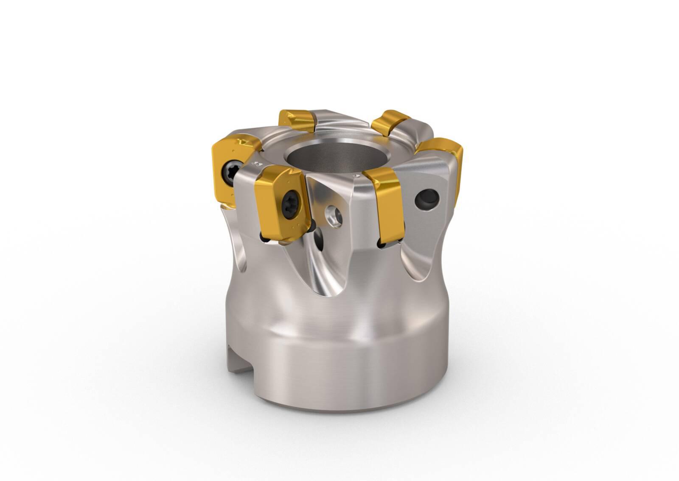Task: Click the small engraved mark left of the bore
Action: point(256,163)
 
